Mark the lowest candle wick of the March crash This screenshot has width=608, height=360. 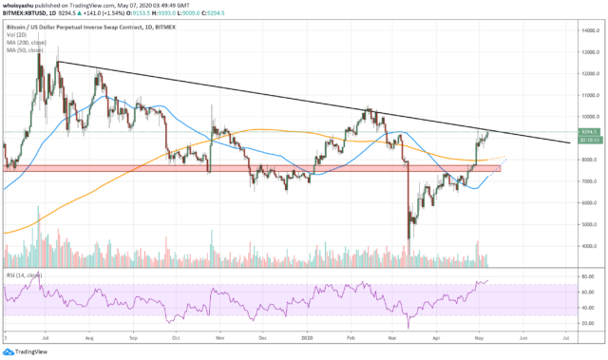pyautogui.click(x=408, y=239)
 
